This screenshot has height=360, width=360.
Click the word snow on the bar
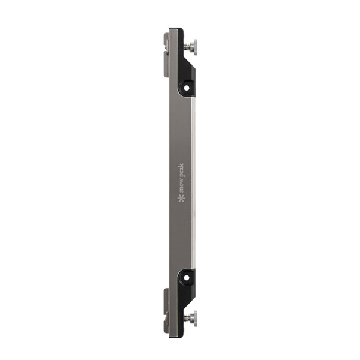coord(181,186)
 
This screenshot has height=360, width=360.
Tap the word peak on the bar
coord(181,170)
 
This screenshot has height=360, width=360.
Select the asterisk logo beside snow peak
coord(181,199)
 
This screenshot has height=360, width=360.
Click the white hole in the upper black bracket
coord(187,88)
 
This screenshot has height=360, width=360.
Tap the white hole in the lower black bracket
coord(187,278)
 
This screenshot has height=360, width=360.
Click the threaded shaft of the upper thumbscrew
coord(188,47)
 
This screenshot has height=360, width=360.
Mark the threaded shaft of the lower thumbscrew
coord(188,319)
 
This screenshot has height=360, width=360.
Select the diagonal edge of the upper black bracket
coord(190,62)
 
